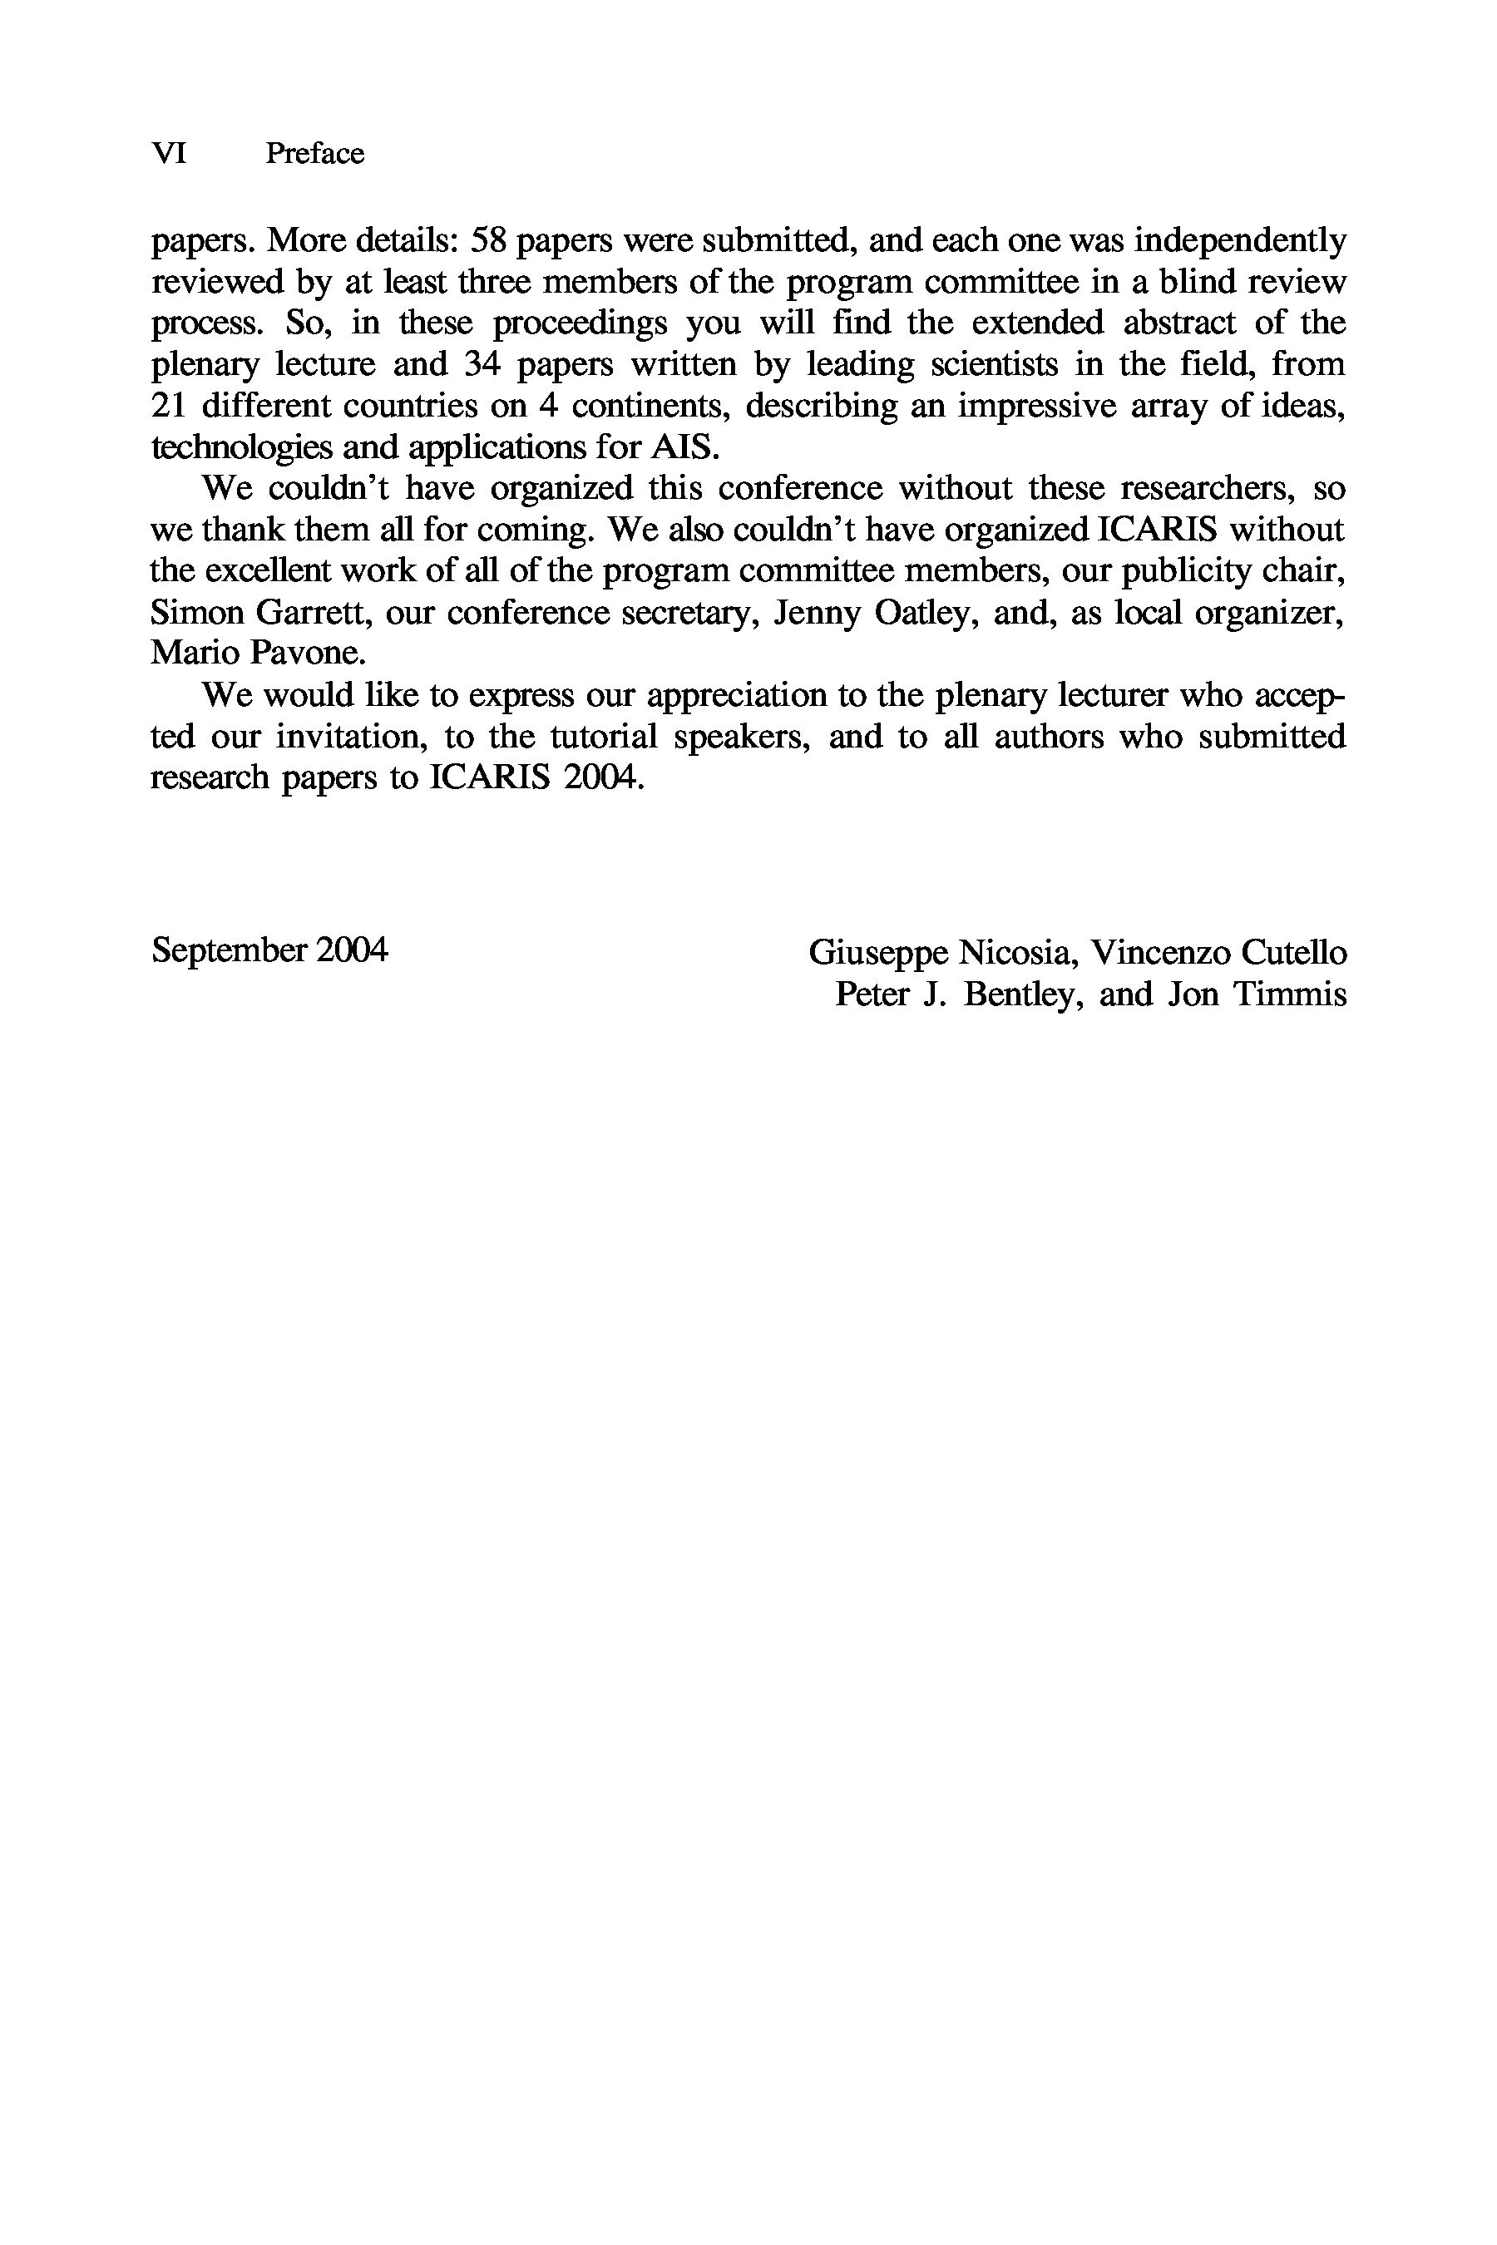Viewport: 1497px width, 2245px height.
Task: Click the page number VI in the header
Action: (x=169, y=154)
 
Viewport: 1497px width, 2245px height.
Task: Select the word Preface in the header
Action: (x=314, y=154)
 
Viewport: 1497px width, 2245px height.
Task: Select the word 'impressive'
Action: (x=1037, y=406)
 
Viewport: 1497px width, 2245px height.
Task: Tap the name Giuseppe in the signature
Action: (x=878, y=953)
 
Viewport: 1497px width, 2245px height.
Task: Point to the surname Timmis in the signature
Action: (x=1290, y=994)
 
